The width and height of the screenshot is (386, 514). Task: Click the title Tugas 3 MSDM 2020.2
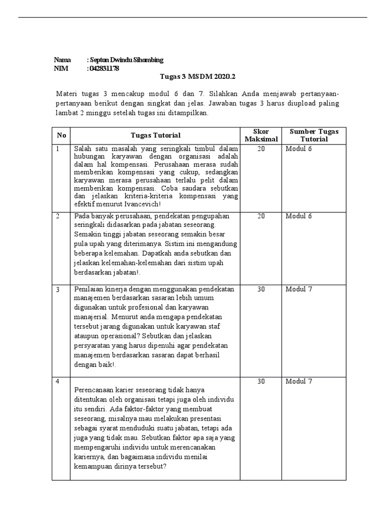[x=198, y=77]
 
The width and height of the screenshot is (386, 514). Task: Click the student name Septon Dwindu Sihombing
[x=126, y=60]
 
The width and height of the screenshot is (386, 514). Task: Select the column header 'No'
[x=61, y=135]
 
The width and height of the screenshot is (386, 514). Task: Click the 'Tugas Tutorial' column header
[x=155, y=135]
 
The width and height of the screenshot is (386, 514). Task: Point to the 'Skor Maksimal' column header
[x=261, y=135]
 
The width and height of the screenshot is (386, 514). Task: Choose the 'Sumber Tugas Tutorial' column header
[x=314, y=135]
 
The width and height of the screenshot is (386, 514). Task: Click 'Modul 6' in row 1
[x=299, y=149]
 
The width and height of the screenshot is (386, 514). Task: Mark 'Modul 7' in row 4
[x=299, y=381]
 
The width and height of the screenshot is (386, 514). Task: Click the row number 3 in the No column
[x=58, y=290]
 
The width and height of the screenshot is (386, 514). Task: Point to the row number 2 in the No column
[x=58, y=216]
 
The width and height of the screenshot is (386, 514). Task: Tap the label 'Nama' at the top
[x=62, y=60]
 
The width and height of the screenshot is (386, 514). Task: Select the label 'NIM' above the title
[x=61, y=68]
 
